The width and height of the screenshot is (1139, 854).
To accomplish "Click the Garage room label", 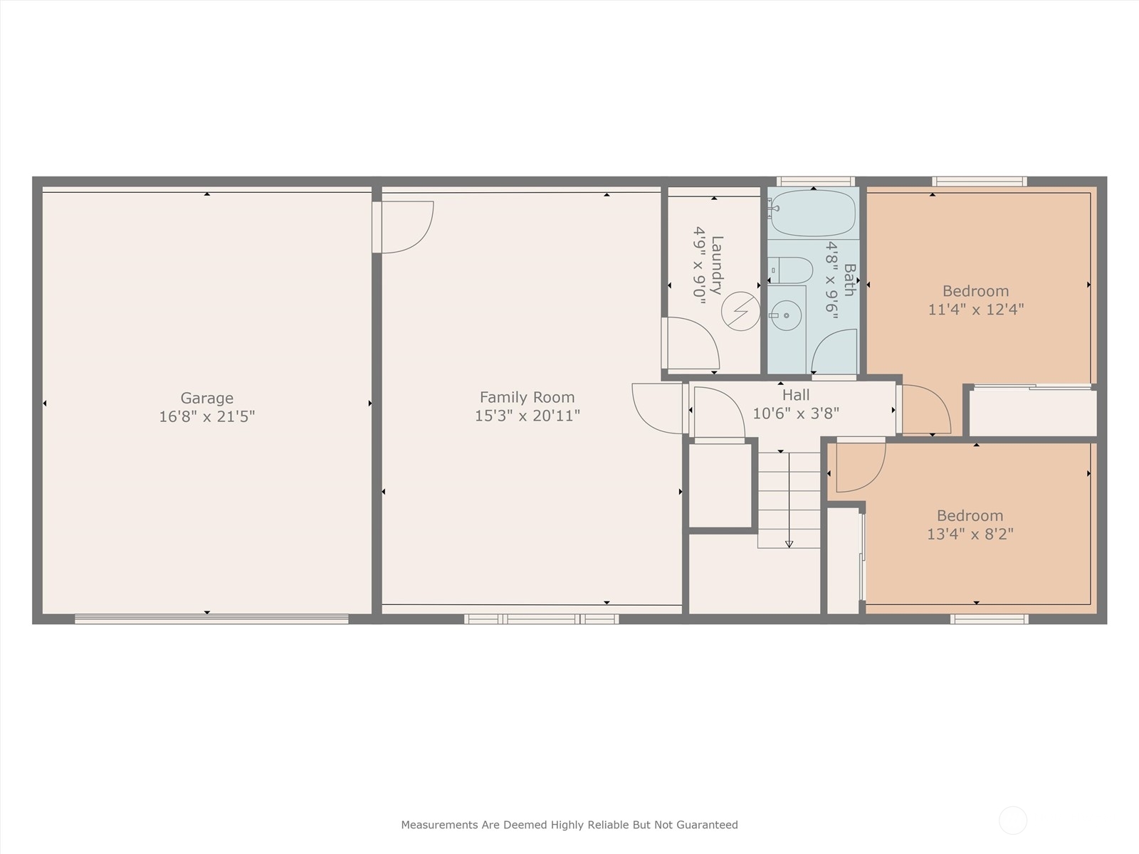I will [206, 398].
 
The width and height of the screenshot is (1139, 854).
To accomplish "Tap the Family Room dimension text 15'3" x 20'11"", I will [527, 416].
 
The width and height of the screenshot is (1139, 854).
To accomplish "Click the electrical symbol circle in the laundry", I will [740, 312].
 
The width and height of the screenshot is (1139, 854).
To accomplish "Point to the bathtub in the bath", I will [813, 213].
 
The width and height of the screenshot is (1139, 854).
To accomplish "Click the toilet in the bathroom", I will [792, 270].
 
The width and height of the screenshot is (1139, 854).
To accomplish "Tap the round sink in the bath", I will [786, 315].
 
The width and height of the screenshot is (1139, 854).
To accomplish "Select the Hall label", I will [796, 395].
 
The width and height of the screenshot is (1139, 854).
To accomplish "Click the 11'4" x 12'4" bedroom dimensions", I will [976, 310].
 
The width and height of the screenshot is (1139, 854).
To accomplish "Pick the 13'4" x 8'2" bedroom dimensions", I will [970, 534].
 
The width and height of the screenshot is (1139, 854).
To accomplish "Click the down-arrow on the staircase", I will [789, 544].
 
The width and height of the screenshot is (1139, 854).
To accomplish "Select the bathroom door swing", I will [834, 352].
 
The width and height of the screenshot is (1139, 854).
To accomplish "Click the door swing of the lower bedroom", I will [860, 467].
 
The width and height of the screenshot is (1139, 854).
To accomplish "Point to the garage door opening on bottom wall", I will [211, 619].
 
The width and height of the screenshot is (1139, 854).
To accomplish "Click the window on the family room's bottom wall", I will [541, 619].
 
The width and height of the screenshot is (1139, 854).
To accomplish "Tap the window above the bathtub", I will [815, 181].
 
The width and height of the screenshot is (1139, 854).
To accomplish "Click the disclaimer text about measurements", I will [569, 825].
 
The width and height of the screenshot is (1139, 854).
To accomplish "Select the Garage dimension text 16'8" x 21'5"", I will [206, 416].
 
